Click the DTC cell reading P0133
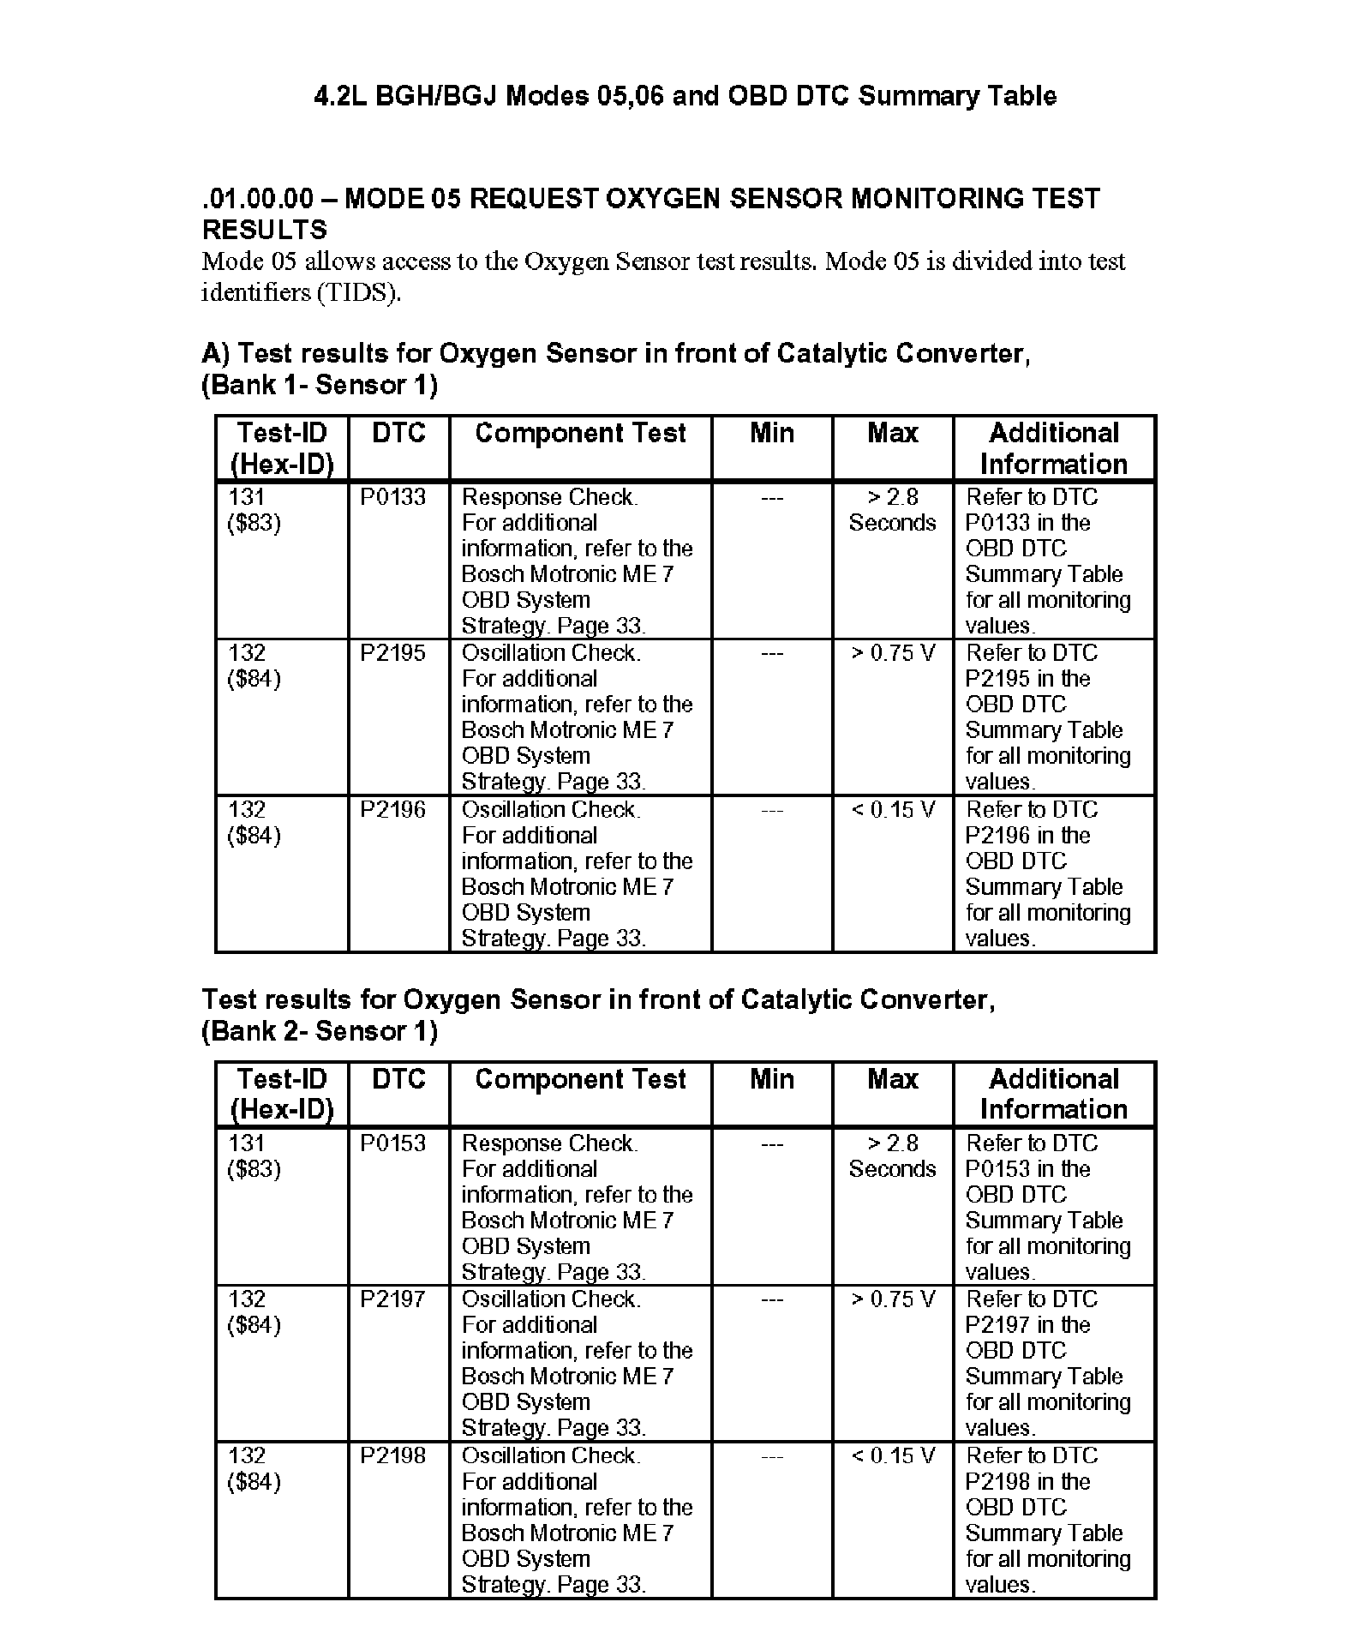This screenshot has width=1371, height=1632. pyautogui.click(x=392, y=497)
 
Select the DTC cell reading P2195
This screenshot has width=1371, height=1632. pyautogui.click(x=392, y=653)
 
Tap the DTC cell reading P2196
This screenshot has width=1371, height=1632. pyautogui.click(x=392, y=810)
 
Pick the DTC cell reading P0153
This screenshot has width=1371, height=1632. pyautogui.click(x=392, y=1143)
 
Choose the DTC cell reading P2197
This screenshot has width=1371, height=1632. pyautogui.click(x=392, y=1299)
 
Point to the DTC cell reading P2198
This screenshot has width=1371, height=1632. pyautogui.click(x=392, y=1455)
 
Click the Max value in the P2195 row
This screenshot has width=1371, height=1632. pyautogui.click(x=893, y=653)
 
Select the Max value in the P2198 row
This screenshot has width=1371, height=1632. pyautogui.click(x=893, y=1455)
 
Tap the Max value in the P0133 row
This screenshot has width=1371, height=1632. pyautogui.click(x=893, y=510)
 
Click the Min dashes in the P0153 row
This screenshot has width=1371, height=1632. pyautogui.click(x=771, y=1143)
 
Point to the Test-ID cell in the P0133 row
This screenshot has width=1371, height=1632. pyautogui.click(x=254, y=510)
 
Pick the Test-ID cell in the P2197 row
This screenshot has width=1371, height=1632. pyautogui.click(x=254, y=1312)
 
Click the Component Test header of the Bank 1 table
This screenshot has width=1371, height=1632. pyautogui.click(x=580, y=434)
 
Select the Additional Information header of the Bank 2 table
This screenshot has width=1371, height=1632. pyautogui.click(x=1054, y=1094)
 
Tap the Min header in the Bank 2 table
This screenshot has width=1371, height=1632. pyautogui.click(x=771, y=1079)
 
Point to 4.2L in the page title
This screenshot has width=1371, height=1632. pyautogui.click(x=341, y=95)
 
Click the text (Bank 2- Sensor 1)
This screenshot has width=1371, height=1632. pyautogui.click(x=320, y=1031)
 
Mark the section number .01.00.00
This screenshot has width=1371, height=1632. pyautogui.click(x=258, y=199)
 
